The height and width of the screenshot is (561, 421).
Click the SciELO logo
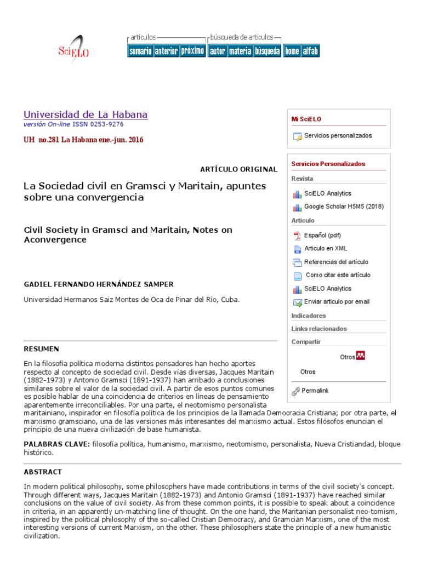(73, 50)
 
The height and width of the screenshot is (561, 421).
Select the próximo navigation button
(192, 51)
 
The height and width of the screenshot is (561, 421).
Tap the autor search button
(217, 51)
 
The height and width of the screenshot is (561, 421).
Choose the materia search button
(240, 51)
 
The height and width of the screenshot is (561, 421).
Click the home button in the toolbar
(292, 51)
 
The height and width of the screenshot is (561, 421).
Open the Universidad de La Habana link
(85, 115)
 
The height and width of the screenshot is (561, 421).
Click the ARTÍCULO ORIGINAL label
(239, 169)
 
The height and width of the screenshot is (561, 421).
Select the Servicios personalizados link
(338, 136)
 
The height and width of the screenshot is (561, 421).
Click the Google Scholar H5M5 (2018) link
(344, 207)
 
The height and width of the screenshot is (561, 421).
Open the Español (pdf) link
(322, 236)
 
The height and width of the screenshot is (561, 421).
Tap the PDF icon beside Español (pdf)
(297, 236)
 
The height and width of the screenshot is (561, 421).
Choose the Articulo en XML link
(326, 249)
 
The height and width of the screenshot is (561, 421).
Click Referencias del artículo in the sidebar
(336, 262)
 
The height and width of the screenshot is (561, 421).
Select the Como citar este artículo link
(338, 275)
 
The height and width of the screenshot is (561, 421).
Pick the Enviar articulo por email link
(337, 301)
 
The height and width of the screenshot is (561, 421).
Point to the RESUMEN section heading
(41, 349)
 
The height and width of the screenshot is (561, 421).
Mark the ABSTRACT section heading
(43, 472)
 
